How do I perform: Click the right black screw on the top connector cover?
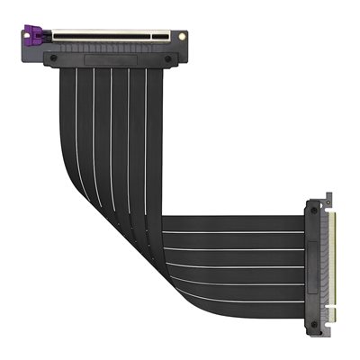pyautogui.click(x=168, y=58)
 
